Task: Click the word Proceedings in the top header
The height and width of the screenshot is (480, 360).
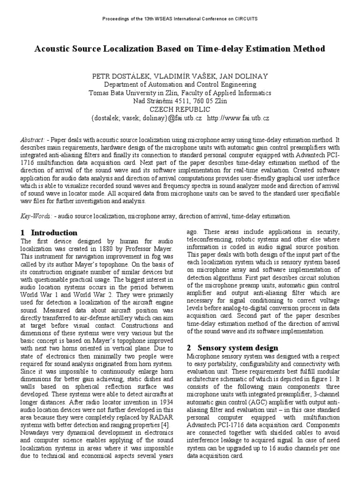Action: tap(114, 19)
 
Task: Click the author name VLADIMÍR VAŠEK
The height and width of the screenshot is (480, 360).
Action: tap(179, 76)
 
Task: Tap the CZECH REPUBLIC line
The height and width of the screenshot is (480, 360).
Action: tap(180, 110)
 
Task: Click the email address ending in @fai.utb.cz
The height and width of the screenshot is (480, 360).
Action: tap(146, 118)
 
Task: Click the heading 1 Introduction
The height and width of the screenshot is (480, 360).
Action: tap(49, 232)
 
